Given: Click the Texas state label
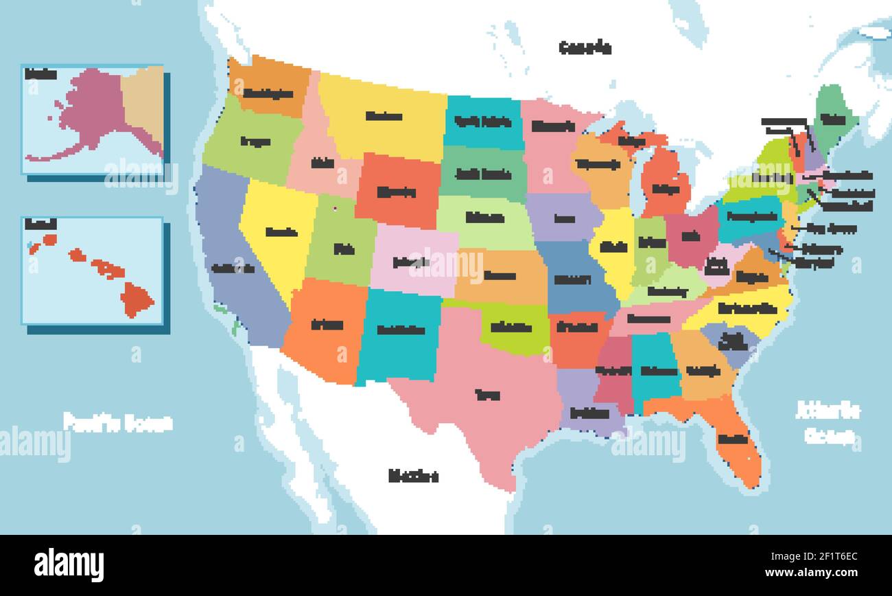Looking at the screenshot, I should click(x=487, y=395).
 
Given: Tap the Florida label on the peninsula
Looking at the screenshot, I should click(x=733, y=438).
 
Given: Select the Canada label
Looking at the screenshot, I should click(x=585, y=47).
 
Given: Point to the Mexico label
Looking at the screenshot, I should click(x=413, y=475).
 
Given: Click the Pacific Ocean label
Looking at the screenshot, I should click(x=117, y=422).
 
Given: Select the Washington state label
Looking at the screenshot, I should click(x=268, y=93).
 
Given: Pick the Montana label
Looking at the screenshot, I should click(x=383, y=116).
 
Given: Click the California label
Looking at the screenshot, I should click(x=233, y=268).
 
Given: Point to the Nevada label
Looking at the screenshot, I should click(x=281, y=231).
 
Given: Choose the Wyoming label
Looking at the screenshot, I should click(x=397, y=192).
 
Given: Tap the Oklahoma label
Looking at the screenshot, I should click(x=511, y=328).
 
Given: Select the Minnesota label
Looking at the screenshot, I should click(x=553, y=126).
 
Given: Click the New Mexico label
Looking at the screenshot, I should click(x=401, y=330).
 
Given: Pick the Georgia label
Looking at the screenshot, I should click(x=703, y=371).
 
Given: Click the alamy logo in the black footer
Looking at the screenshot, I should click(x=69, y=565).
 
